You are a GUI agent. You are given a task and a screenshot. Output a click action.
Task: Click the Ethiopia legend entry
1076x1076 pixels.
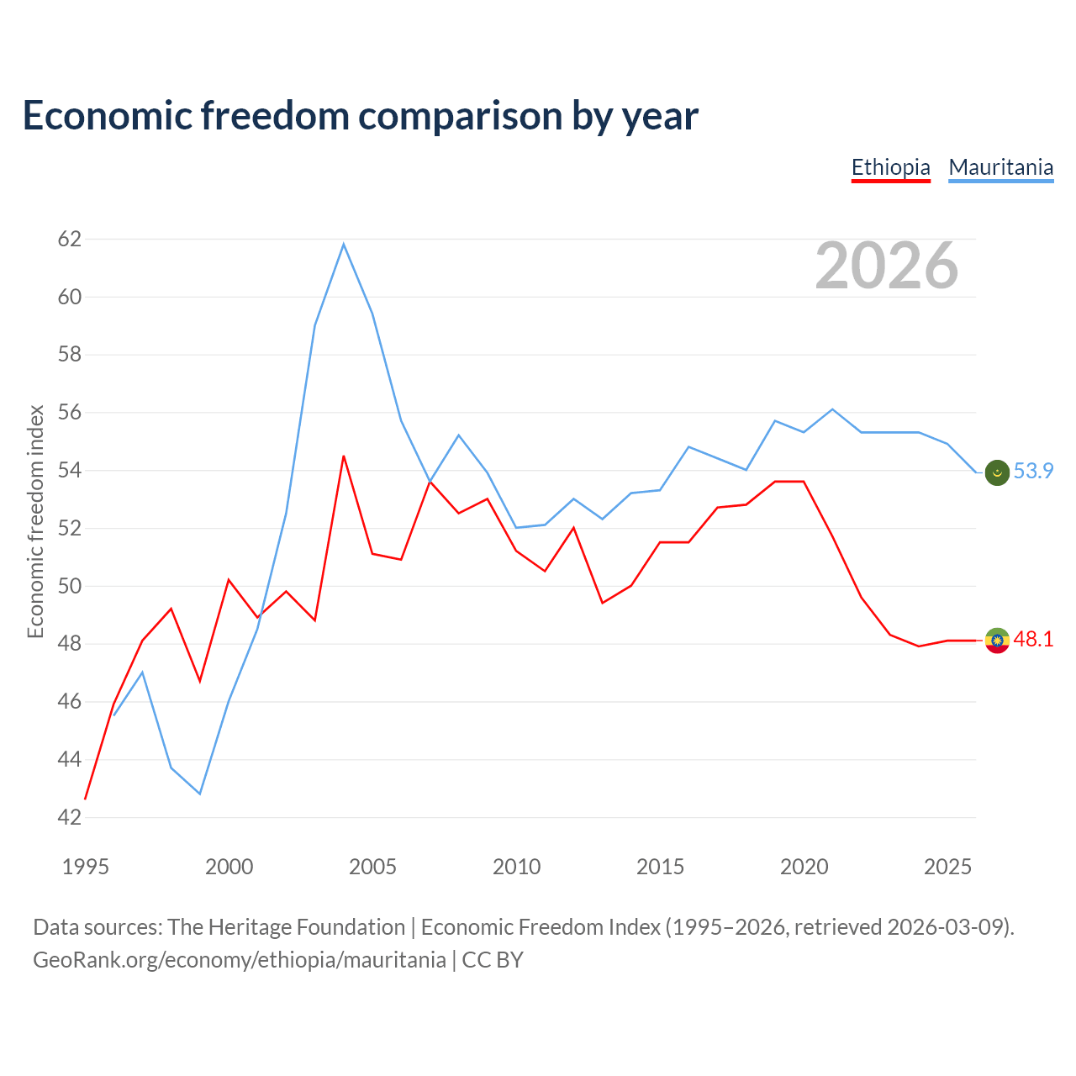890,168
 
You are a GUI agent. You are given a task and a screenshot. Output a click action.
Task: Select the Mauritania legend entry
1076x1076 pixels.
1000,168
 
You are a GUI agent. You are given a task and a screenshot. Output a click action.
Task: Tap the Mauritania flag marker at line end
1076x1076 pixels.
997,472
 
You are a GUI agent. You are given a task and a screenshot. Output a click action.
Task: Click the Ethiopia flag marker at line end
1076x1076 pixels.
997,640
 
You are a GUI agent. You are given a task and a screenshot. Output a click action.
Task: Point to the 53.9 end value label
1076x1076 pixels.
1033,471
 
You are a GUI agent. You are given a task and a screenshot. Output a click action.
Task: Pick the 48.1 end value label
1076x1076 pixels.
1033,639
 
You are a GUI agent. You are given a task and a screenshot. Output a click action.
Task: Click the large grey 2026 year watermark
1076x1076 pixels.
887,266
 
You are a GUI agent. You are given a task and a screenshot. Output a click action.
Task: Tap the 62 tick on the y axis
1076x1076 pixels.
70,239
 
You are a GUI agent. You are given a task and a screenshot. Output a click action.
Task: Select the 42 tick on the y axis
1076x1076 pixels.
70,817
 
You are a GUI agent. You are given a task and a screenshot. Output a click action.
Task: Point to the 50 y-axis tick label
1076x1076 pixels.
70,586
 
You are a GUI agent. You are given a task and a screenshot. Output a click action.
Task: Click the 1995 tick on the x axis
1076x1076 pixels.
86,867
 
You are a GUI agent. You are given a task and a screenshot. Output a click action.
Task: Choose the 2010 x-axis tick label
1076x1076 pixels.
516,867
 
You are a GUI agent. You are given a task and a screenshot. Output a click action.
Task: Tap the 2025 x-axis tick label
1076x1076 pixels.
947,867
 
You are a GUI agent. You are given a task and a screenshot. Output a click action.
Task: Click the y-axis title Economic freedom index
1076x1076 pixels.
36,521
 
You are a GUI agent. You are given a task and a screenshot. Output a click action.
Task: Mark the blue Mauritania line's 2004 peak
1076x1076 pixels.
344,244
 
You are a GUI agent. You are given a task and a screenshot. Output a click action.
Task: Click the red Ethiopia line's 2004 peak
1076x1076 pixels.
344,456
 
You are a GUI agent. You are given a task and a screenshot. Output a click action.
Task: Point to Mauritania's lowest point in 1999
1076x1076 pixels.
200,794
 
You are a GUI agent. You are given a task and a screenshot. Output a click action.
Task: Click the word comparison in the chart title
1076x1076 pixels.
460,116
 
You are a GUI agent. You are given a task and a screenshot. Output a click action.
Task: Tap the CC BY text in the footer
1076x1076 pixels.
493,960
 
